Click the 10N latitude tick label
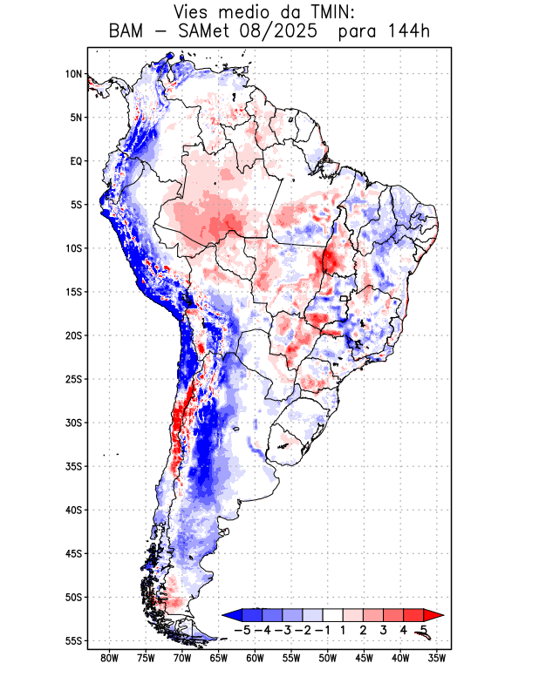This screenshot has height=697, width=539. (73, 74)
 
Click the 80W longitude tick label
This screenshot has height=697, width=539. (110, 658)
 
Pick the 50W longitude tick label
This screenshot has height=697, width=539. (327, 658)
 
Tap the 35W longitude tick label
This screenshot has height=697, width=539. (436, 658)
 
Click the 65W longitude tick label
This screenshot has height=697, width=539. (218, 658)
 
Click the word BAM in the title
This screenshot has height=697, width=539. (127, 32)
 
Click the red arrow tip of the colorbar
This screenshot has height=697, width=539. (438, 615)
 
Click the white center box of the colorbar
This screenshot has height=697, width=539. (333, 615)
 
